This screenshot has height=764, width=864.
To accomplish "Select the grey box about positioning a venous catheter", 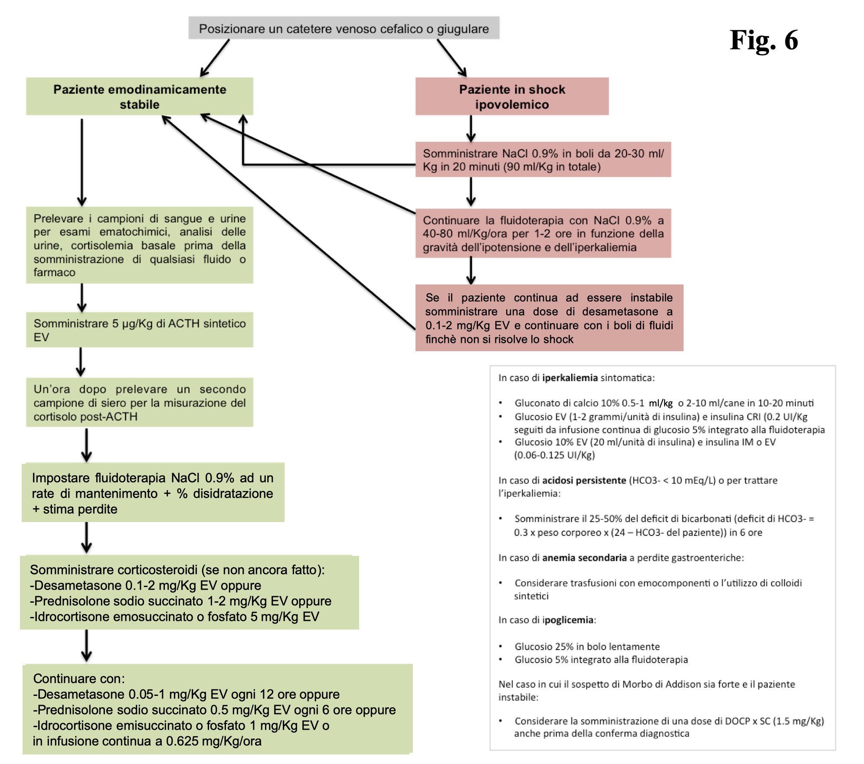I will coord(344,29).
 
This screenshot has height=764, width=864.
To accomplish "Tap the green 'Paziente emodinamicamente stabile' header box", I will coord(139,97).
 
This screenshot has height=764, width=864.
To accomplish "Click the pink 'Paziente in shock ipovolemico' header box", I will coord(512,97).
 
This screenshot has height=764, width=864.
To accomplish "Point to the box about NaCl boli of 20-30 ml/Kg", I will coord(543,160).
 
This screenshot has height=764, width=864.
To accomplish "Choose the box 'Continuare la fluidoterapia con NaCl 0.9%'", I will coord(543,234).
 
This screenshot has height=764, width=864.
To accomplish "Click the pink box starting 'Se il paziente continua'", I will coord(549,318).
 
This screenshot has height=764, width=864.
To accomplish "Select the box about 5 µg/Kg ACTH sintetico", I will coord(139,330).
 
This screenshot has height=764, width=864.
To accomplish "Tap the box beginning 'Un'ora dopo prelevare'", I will coord(139,403).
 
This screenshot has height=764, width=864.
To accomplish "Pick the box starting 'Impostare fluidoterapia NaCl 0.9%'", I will coord(153,493).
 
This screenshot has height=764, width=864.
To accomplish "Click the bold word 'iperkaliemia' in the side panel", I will coord(570,378).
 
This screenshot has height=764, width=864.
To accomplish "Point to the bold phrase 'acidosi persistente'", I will coord(584,480).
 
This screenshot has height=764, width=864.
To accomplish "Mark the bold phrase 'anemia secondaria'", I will coord(584,558).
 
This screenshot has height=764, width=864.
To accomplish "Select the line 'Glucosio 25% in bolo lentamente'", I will coord(587,646).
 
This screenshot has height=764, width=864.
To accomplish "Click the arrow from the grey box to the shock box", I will coord(452,58).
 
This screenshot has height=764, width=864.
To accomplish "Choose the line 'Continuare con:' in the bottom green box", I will coord(79,679).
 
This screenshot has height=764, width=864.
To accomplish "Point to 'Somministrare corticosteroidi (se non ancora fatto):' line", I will coord(177,570).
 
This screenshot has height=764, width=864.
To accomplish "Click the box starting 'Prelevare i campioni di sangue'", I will coord(139,245).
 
